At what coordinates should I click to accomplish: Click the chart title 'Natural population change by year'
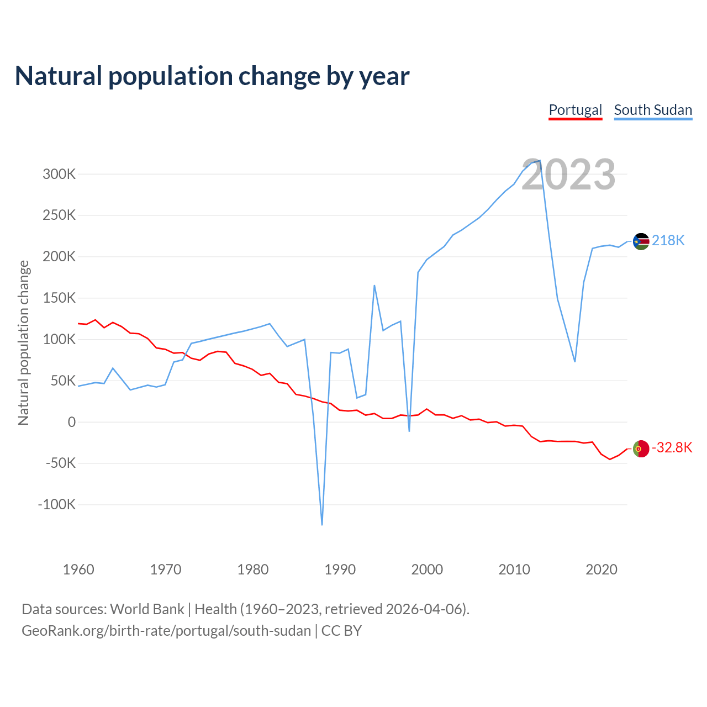[x=212, y=76]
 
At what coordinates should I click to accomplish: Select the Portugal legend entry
[x=575, y=110]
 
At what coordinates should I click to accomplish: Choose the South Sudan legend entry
[x=653, y=110]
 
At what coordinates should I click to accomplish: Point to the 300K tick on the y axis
[x=59, y=175]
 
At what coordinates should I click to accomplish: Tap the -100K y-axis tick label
[x=57, y=504]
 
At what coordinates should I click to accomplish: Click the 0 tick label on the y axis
[x=71, y=422]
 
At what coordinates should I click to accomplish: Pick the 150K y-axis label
[x=59, y=298]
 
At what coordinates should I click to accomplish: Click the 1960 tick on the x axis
[x=78, y=569]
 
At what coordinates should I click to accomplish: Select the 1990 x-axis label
[x=340, y=569]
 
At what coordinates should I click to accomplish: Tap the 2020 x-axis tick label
[x=601, y=569]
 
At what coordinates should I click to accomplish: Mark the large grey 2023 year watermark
[x=568, y=175]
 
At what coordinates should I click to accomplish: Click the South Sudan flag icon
[x=641, y=241]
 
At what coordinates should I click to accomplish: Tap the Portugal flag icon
[x=641, y=449]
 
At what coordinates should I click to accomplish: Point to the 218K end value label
[x=668, y=240]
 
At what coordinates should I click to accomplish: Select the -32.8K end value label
[x=672, y=447]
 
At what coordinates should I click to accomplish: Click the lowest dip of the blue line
[x=322, y=524]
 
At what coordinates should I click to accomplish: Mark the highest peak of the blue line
[x=540, y=161]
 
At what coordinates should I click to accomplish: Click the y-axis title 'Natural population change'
[x=23, y=343]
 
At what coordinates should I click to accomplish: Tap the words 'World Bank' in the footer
[x=147, y=609]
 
